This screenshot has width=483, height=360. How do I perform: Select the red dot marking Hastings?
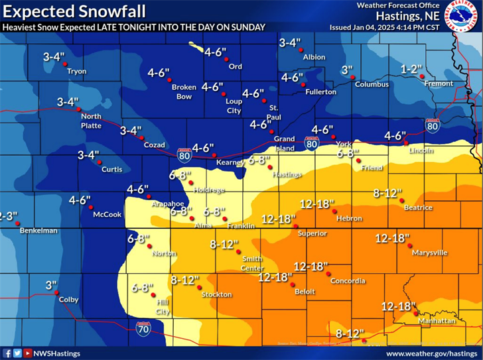point(270,167)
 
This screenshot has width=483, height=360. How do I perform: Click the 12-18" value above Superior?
point(278,219)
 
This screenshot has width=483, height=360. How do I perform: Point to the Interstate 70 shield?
point(143,328)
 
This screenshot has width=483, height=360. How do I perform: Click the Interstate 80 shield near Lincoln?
point(433,126)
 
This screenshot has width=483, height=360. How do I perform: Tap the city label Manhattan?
point(437,321)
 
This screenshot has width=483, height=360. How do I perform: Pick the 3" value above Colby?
point(51,285)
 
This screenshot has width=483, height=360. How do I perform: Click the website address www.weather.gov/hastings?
point(431,353)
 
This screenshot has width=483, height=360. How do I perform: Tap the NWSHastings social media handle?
point(56,353)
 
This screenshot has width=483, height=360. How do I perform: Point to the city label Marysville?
point(429,253)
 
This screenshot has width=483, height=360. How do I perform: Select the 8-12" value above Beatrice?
point(388,194)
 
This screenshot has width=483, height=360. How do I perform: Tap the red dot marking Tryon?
point(65,64)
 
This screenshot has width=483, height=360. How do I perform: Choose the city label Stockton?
point(217,294)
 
